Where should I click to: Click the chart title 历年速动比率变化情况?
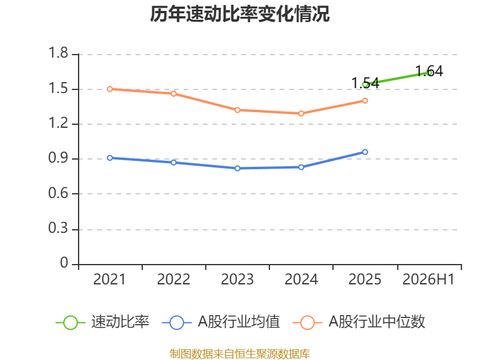point(239,14)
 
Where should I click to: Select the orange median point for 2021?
point(110,89)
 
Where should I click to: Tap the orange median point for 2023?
point(237,110)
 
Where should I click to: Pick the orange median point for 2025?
point(365,101)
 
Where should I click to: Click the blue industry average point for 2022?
point(173,163)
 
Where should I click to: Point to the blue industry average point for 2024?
point(301,167)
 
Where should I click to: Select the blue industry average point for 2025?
point(365,152)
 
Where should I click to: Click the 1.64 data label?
point(429,71)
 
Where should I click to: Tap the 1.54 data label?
point(365,83)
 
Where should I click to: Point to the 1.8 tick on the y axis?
point(58,53)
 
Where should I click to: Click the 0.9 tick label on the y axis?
point(58,158)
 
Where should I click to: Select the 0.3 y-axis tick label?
point(58,229)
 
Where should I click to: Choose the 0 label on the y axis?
point(64,263)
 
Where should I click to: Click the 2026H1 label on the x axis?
point(428,280)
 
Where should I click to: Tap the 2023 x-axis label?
point(237,280)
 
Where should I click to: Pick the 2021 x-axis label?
point(110,280)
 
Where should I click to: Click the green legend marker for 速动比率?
point(70,323)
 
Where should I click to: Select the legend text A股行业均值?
point(239,322)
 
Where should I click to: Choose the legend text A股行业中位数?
point(377,322)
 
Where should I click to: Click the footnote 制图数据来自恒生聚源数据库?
point(240,354)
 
